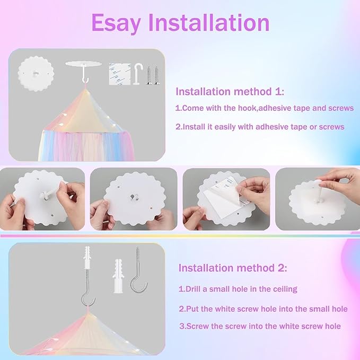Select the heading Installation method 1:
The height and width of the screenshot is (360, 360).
point(230,92)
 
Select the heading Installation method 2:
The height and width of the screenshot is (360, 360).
point(233,268)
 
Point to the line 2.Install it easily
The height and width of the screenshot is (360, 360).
point(259,127)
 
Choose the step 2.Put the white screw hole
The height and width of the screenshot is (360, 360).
point(263,309)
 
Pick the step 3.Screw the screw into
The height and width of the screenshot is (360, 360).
point(259,326)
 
